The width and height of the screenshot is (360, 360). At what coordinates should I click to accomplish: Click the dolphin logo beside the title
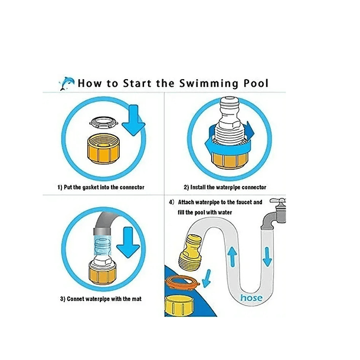tap(67, 83)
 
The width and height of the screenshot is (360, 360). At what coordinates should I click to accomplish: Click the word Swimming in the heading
tap(208, 84)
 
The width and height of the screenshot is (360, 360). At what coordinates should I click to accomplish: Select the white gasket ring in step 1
tap(103, 123)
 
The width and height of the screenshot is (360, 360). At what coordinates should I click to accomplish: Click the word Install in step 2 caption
tap(198, 187)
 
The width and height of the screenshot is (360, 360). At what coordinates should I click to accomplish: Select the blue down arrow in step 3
tap(128, 243)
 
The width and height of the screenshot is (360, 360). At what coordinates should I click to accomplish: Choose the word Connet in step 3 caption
tap(75, 299)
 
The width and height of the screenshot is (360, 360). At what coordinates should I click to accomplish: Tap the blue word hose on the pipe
tap(251, 298)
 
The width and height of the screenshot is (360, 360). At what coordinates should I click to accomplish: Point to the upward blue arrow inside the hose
tap(233, 256)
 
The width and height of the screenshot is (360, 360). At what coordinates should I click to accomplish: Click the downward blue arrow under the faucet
tap(267, 257)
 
